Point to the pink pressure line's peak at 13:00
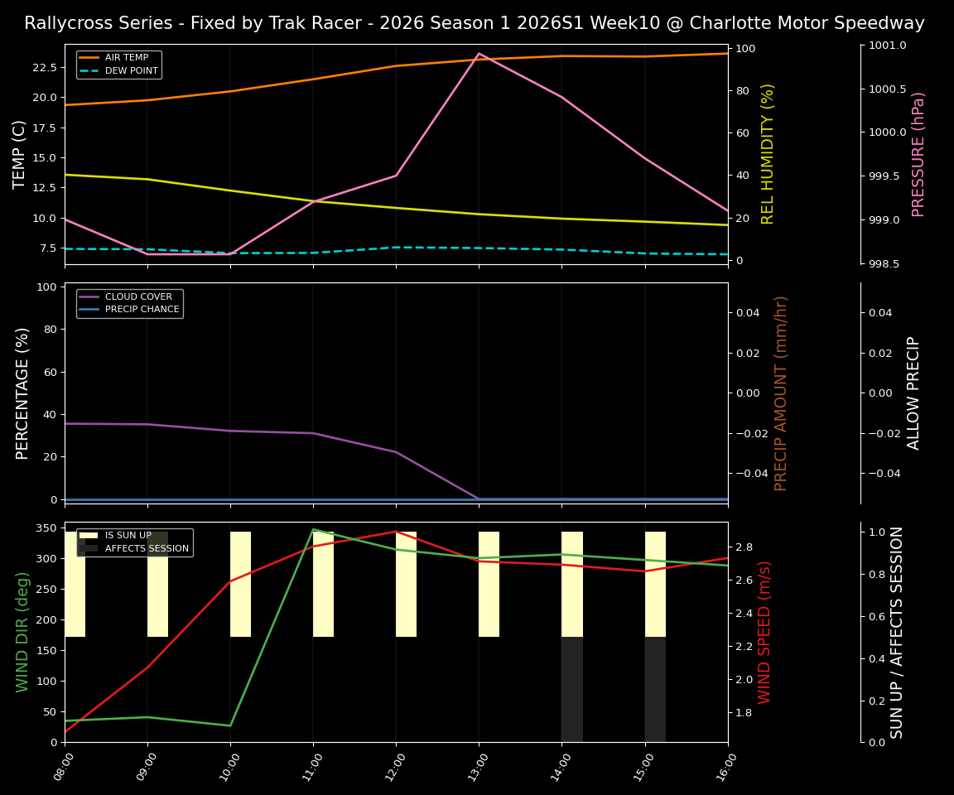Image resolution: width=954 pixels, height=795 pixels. click(479, 53)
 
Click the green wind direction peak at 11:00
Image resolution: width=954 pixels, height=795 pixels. click(313, 529)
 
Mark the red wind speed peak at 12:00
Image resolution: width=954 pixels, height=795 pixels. click(396, 532)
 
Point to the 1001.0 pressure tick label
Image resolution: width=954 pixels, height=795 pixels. click(887, 46)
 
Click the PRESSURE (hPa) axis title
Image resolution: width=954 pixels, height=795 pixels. click(918, 154)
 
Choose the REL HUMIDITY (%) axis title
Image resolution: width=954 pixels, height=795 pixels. click(768, 154)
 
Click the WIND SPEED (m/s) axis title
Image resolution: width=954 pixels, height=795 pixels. click(765, 632)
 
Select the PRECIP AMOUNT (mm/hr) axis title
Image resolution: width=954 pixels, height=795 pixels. click(781, 393)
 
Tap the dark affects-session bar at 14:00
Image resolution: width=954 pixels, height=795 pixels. click(572, 689)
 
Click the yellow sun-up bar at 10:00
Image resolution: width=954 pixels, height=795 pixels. click(240, 584)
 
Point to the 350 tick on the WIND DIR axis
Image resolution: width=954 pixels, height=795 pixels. click(46, 528)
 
